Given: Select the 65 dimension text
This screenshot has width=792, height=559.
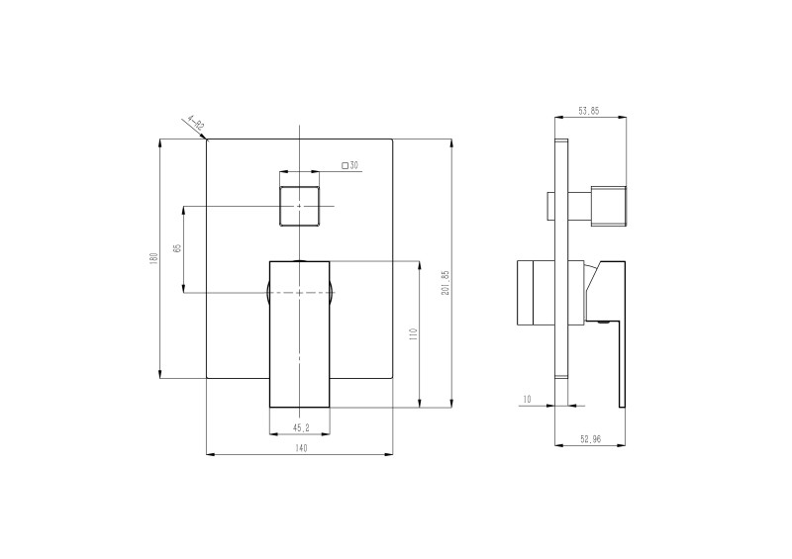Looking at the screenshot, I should click(176, 249).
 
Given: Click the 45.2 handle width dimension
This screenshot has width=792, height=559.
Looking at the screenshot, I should click(300, 427).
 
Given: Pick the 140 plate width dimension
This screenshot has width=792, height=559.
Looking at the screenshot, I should click(300, 448).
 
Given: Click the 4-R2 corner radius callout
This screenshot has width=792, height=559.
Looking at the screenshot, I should click(194, 125).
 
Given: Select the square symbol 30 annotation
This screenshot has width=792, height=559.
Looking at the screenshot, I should click(349, 165).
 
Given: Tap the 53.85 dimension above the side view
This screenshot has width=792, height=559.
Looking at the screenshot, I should click(588, 111).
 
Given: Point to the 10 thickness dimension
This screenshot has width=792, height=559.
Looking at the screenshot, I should click(527, 399).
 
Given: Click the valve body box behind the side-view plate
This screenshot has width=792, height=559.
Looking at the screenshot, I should click(536, 293).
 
